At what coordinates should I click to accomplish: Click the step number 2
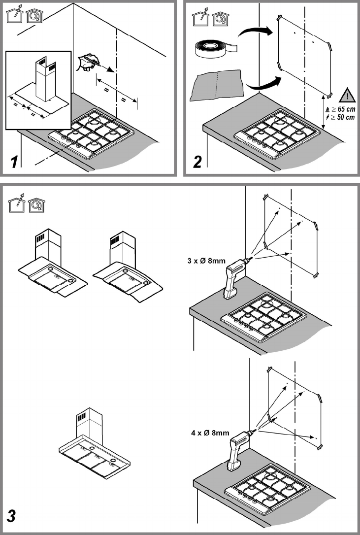(x=197, y=161)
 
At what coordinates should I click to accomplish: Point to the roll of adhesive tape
(x=214, y=47)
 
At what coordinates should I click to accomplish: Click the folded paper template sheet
(x=217, y=84)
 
